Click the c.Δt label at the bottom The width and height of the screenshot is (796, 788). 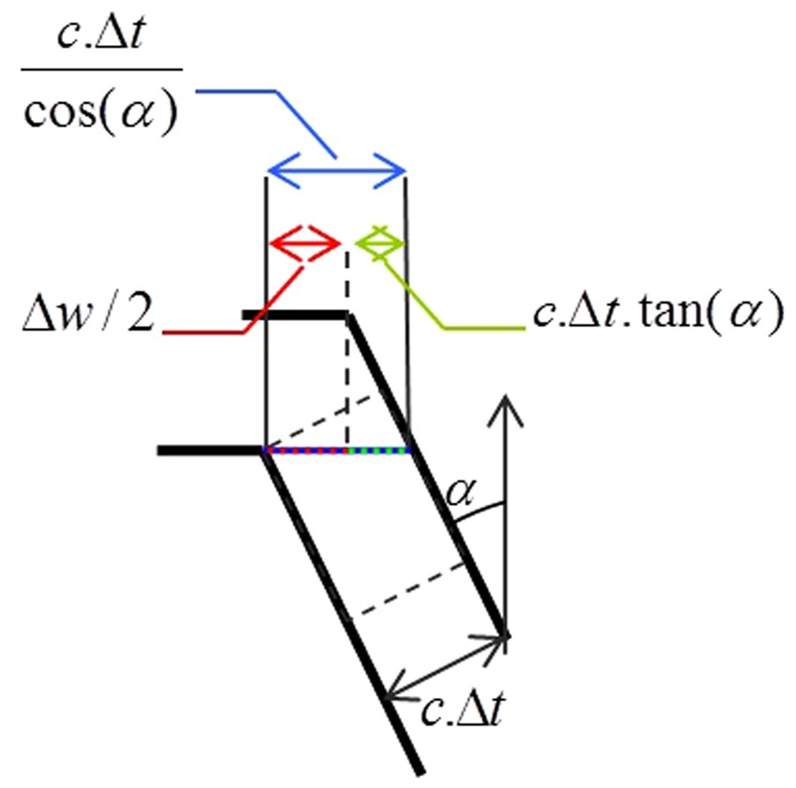point(463,711)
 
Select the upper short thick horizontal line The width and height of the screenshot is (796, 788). point(295,316)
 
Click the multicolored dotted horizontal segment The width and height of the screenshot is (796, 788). point(338,451)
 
